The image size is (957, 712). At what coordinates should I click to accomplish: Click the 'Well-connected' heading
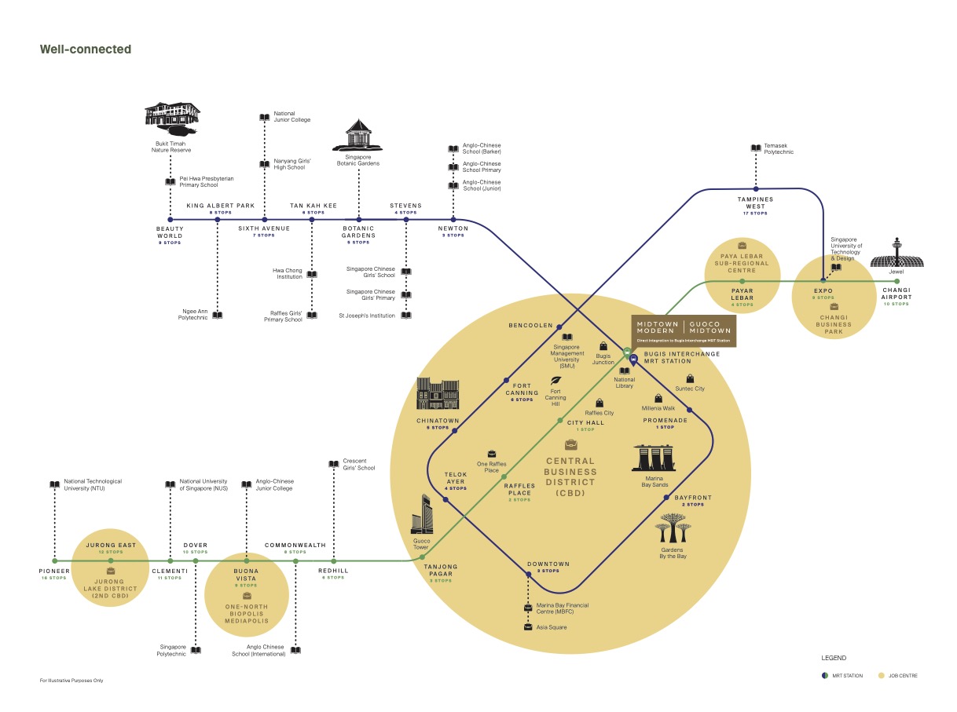tap(86, 49)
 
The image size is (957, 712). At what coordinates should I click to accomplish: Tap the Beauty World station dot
tap(170, 219)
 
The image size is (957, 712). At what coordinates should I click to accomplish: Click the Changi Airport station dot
tap(896, 281)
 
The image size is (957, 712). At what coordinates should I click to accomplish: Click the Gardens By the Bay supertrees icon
tap(673, 528)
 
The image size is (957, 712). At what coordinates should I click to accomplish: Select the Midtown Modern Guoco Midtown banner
tap(684, 331)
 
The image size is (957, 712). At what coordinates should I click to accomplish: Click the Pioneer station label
tap(55, 571)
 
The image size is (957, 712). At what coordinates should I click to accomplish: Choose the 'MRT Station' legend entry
tap(840, 675)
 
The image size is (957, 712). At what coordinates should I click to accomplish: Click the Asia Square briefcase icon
tap(528, 627)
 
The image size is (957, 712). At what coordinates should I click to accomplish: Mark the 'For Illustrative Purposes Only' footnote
tap(71, 680)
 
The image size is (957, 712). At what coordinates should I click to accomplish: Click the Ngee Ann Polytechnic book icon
tap(218, 315)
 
